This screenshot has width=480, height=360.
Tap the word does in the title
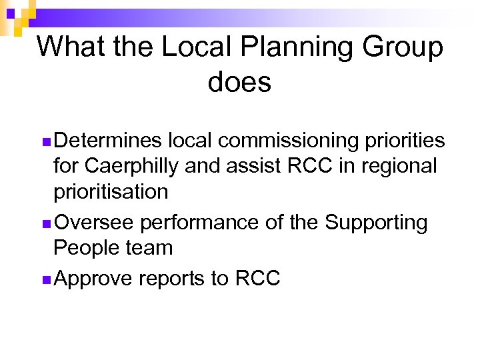pos(239,83)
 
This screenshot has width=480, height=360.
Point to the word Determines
pos(108,141)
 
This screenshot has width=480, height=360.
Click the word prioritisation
pos(111,192)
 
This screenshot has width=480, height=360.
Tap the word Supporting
pos(376,223)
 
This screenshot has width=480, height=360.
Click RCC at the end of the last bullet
pos(257,278)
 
